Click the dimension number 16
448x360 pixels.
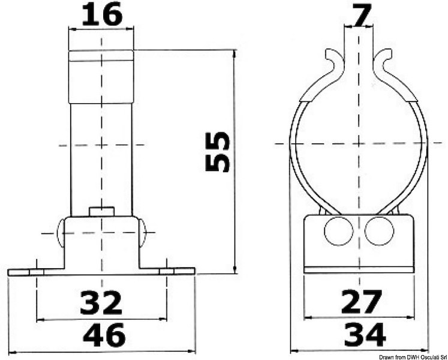(x=101, y=14)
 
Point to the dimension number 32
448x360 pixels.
(x=100, y=303)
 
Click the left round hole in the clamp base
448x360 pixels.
(x=338, y=231)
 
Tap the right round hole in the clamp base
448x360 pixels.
(x=378, y=231)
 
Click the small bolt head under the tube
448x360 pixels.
(x=101, y=211)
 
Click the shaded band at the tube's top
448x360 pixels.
(x=101, y=56)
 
